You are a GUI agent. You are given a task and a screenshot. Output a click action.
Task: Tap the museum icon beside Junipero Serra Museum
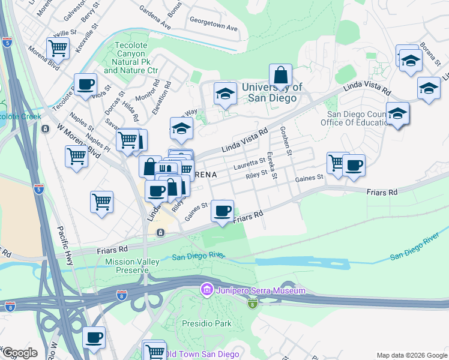pos(206,290)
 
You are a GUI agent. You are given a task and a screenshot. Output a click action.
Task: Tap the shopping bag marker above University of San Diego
pos(280,76)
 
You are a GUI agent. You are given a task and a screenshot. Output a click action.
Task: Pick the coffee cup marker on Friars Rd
pos(223,211)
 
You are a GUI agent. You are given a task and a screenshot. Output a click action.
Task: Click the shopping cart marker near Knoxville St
pos(58,47)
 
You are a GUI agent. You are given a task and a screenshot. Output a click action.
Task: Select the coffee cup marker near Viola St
pos(85,84)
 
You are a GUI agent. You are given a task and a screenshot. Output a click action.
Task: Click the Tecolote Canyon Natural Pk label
pos(135,58)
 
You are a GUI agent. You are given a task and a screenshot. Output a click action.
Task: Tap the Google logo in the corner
pos(20,353)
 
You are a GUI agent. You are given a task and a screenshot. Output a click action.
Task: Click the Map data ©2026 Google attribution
pos(411,355)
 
